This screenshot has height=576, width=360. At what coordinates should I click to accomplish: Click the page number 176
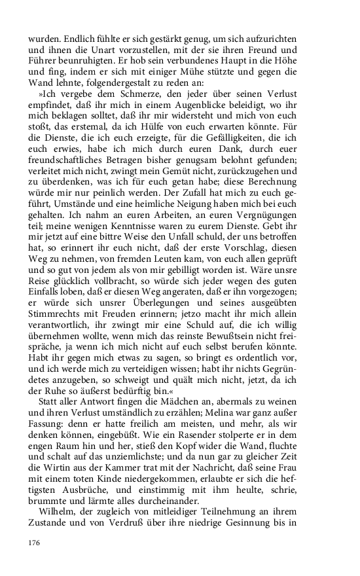pyautogui.click(x=34, y=542)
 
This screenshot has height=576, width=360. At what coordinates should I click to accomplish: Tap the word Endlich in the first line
pyautogui.click(x=75, y=39)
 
